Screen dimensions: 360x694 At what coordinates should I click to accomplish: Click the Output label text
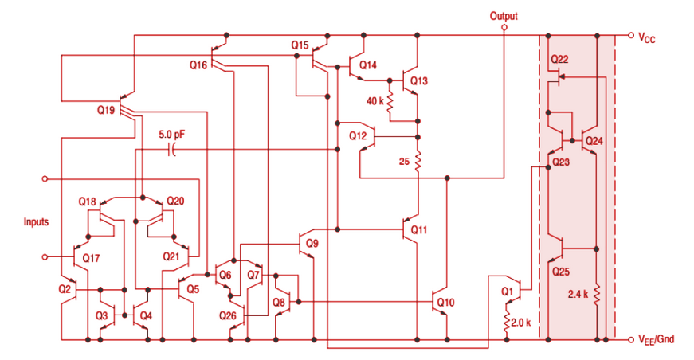point(504,15)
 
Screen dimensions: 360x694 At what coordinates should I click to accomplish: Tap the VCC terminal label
point(646,37)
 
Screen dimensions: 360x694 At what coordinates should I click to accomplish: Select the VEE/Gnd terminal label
point(656,340)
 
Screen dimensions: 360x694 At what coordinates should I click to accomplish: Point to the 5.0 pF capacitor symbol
point(172,150)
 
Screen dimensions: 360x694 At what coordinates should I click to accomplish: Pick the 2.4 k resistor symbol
point(596,295)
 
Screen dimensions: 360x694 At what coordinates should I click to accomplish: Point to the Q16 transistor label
point(198,65)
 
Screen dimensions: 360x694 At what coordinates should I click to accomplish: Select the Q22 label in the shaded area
point(559,60)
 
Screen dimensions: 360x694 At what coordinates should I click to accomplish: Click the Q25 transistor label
point(561,271)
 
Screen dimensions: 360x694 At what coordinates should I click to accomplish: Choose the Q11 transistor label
point(419,230)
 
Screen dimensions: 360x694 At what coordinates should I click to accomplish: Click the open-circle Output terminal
point(504,27)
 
